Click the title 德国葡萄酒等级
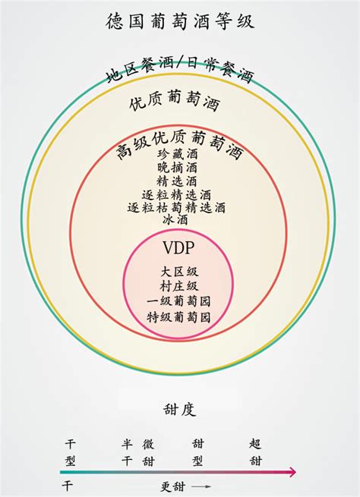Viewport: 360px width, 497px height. pos(180,21)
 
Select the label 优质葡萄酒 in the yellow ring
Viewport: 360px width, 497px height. pos(175,100)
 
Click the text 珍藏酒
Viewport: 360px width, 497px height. pos(177,154)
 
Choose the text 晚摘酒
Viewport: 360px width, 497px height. pos(177,168)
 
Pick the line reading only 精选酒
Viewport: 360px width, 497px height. pos(177,181)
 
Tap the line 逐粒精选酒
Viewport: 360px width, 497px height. pos(176,194)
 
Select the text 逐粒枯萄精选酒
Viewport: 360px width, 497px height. pos(176,208)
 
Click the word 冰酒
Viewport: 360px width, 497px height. pos(175,219)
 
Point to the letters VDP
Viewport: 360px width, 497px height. pos(178,248)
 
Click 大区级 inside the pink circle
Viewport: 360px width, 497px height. pos(179,272)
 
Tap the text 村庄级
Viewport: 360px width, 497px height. pos(179,286)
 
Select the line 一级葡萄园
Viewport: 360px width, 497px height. pos(178,301)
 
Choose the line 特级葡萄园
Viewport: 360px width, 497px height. pos(178,317)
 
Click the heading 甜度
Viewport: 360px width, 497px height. pos(179,409)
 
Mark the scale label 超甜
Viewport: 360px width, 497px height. pos(255,452)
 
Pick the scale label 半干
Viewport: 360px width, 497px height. pos(127,452)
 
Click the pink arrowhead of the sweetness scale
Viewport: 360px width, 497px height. pos(291,472)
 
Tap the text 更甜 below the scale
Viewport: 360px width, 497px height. pos(173,486)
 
